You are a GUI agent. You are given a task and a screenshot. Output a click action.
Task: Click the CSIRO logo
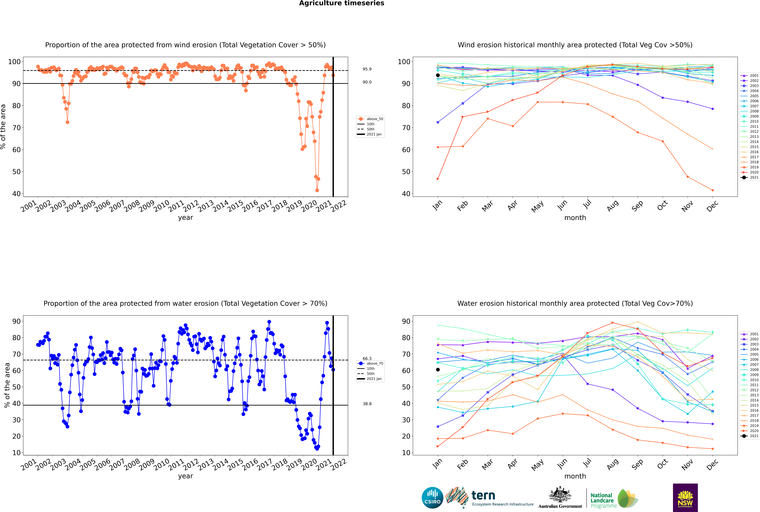(432, 498)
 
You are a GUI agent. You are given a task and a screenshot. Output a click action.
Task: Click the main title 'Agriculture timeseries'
(341, 3)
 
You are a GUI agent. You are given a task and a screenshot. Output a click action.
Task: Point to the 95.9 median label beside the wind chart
(367, 69)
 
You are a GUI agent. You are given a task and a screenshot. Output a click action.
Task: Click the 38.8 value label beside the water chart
(367, 404)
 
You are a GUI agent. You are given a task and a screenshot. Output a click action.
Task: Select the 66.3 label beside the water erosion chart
(367, 359)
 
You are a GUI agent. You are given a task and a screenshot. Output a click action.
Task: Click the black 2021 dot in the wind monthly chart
(438, 75)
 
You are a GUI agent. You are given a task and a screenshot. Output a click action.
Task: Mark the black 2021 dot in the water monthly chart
(438, 370)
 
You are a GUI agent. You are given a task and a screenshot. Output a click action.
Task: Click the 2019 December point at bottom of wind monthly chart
(713, 190)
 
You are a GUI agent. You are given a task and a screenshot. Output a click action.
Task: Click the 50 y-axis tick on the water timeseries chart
(16, 387)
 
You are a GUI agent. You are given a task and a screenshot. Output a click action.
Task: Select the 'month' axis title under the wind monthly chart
(575, 218)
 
